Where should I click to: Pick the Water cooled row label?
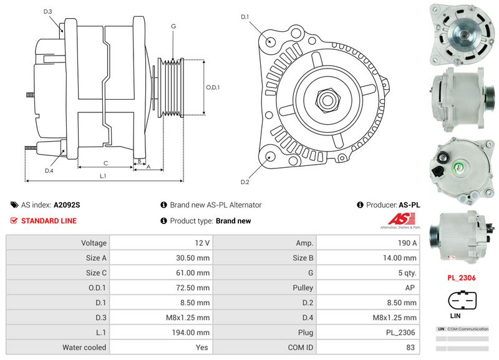tap(84, 348)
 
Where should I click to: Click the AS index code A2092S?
tap(67, 205)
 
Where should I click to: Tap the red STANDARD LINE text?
tap(49, 221)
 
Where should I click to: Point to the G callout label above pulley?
tap(173, 27)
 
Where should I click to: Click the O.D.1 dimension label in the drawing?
tap(213, 87)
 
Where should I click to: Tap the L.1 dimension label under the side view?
tap(103, 176)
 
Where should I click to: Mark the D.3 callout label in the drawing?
tap(48, 11)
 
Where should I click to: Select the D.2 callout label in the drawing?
tap(245, 182)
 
